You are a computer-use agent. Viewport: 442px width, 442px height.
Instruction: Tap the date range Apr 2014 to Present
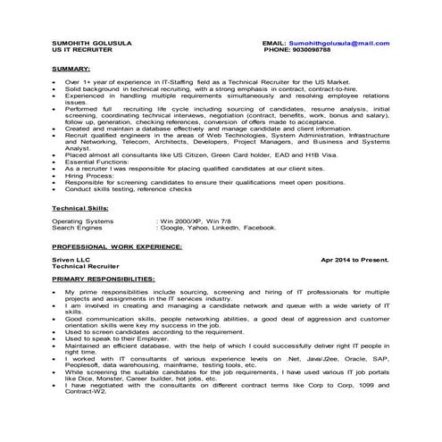click(354, 259)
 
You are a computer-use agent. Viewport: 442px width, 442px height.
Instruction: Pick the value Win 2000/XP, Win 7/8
click(190, 220)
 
